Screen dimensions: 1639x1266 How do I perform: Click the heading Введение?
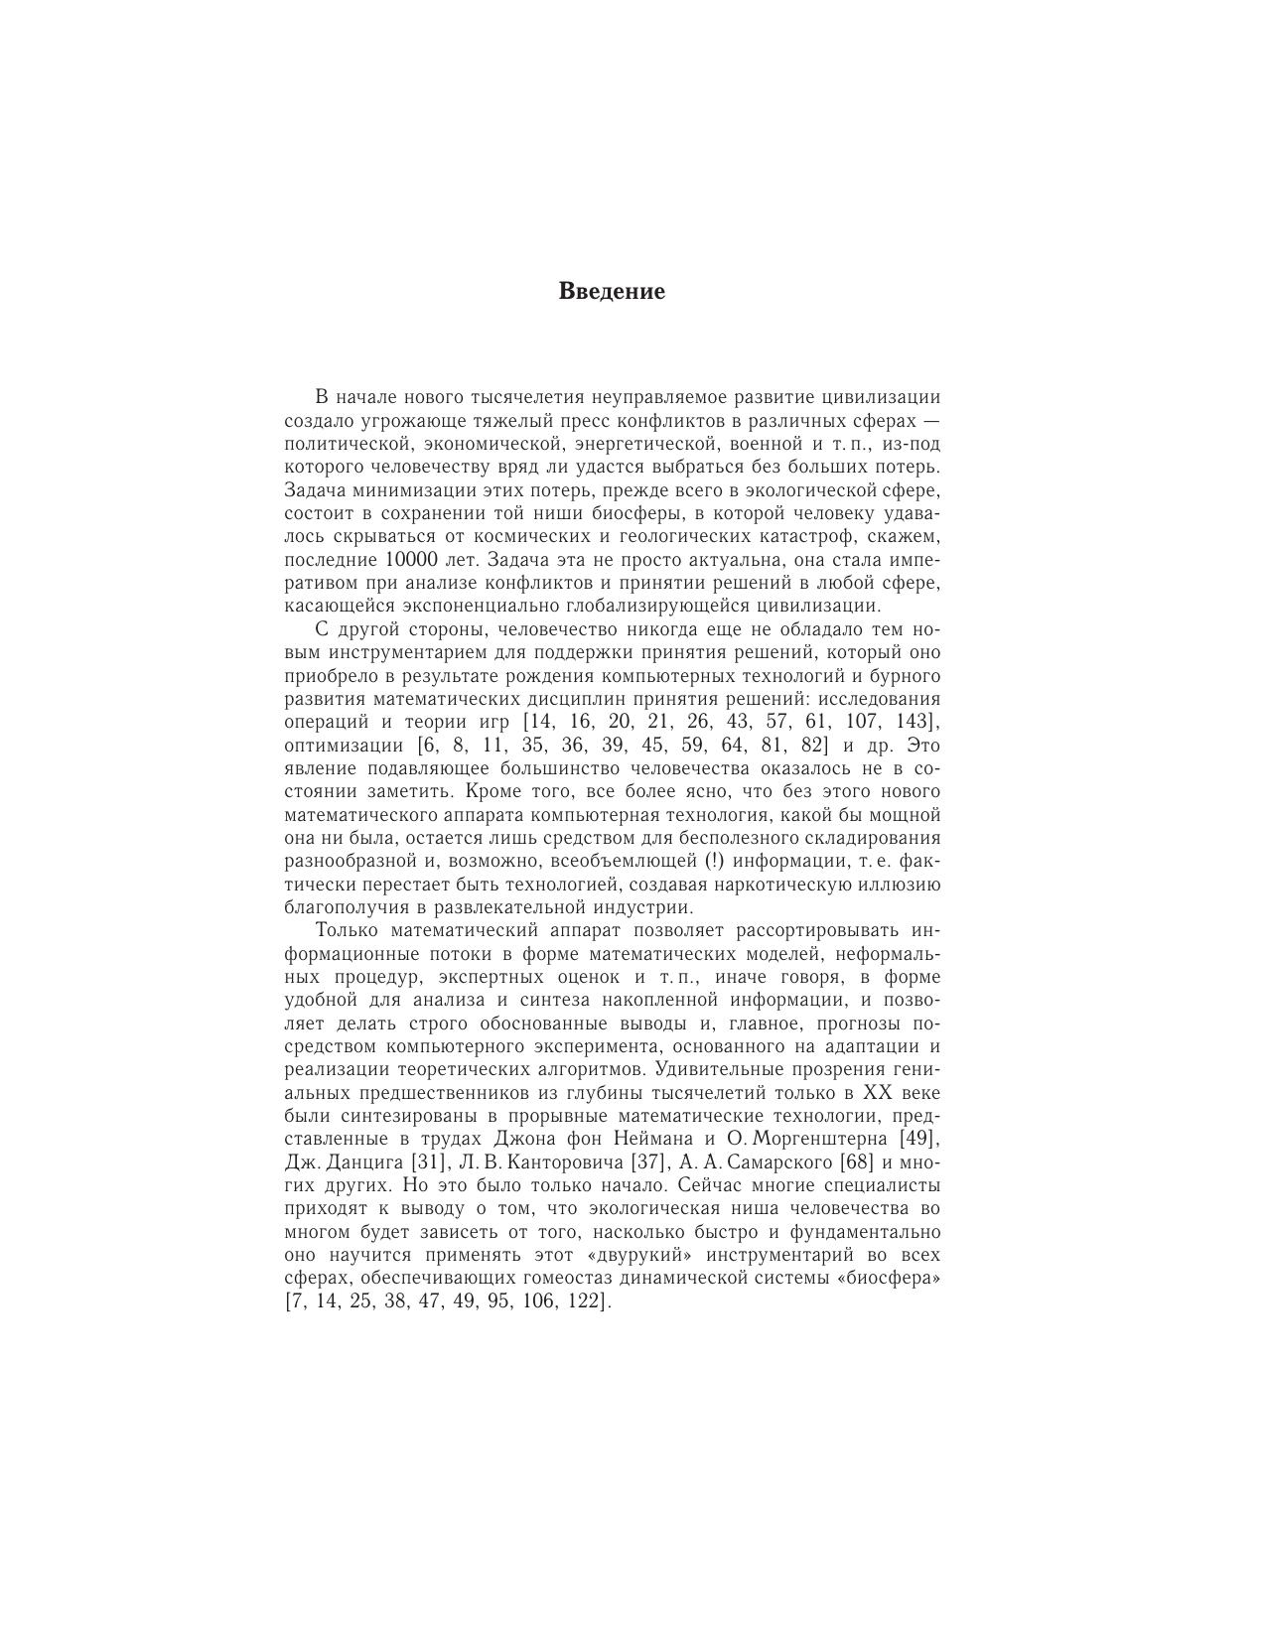coord(612,292)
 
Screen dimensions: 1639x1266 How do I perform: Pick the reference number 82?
coord(811,746)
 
